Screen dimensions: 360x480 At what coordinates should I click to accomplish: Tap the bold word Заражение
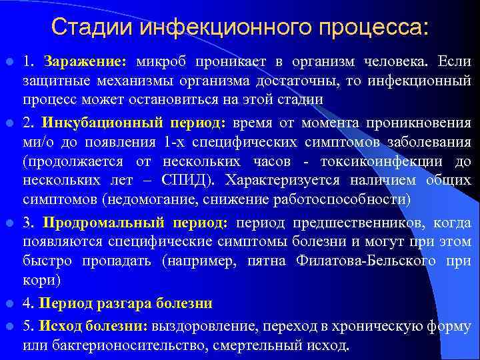point(83,62)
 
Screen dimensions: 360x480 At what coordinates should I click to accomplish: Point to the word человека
point(397,62)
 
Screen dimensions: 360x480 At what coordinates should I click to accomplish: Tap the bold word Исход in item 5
point(57,327)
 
